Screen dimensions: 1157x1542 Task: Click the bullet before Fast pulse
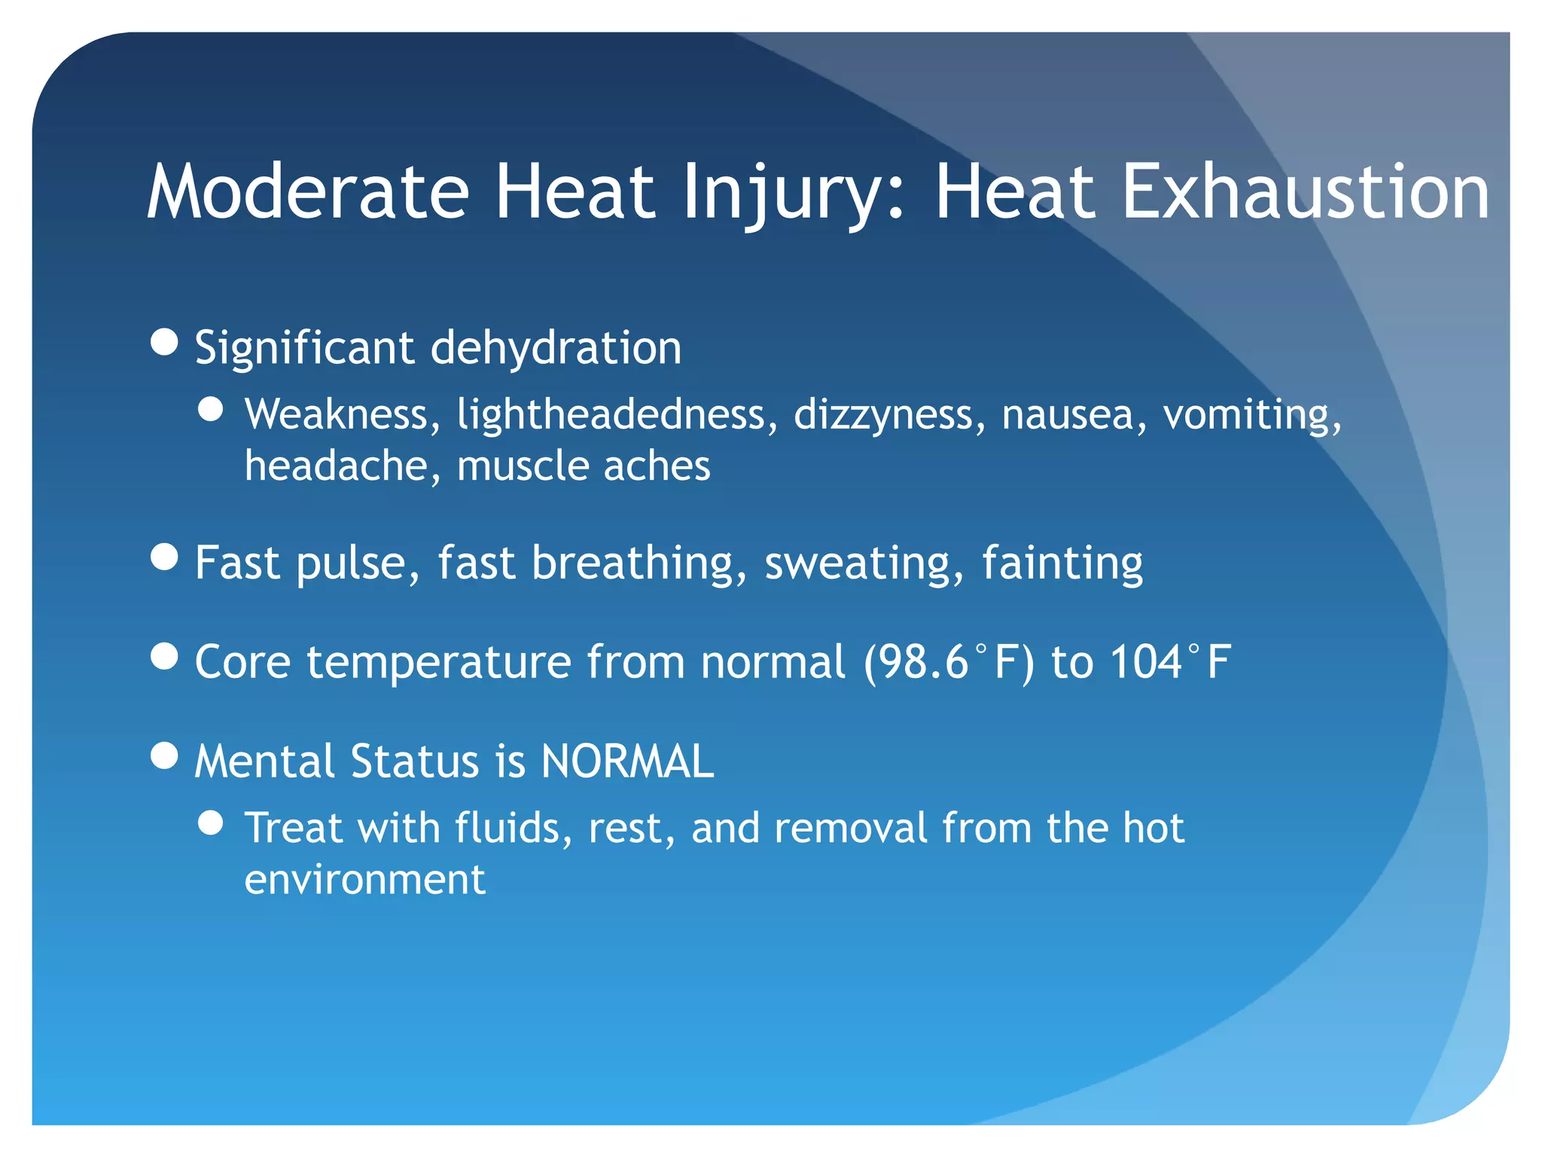164,558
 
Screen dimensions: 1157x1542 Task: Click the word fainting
1062,563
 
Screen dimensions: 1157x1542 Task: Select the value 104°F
1170,662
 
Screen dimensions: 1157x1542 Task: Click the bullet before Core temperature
164,656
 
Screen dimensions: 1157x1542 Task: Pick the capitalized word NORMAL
627,761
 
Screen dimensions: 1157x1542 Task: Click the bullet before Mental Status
164,755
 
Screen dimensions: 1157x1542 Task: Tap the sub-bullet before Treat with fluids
212,823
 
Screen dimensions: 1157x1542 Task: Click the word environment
365,879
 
